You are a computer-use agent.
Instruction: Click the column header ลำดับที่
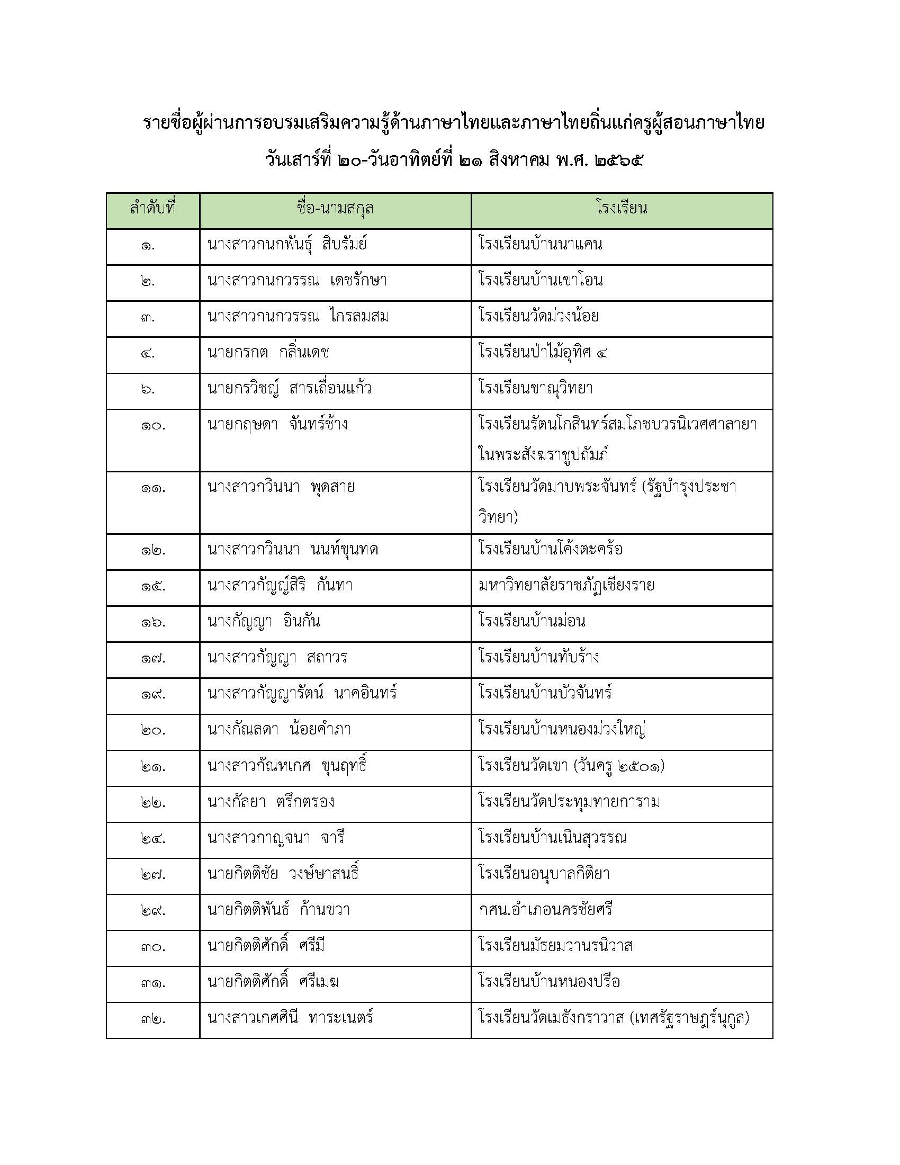pos(152,208)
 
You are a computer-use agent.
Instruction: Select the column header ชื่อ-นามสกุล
pos(335,208)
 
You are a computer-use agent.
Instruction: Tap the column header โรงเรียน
pos(622,208)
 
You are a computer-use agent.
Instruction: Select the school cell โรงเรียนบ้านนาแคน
pos(541,244)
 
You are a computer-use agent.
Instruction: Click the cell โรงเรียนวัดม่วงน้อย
pos(538,316)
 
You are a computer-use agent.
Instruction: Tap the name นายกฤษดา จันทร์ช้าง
pos(277,425)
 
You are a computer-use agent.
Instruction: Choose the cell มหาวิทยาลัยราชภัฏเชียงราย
pos(566,586)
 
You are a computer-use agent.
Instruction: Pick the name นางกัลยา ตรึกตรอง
pos(271,802)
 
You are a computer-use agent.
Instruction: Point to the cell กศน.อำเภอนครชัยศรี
pos(545,909)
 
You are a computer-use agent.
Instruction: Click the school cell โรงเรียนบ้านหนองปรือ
pos(549,981)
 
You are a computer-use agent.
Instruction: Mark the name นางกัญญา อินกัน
pos(264,622)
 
